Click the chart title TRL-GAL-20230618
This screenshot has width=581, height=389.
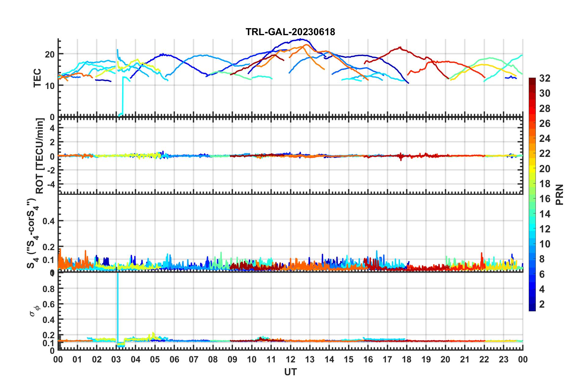[290, 32]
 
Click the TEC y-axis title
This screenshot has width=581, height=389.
[37, 78]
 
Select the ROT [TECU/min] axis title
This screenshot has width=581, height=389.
[40, 156]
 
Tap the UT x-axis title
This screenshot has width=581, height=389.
[290, 372]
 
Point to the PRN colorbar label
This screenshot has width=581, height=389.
[560, 194]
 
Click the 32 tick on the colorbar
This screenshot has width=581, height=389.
[545, 78]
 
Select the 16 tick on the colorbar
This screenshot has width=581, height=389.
[545, 199]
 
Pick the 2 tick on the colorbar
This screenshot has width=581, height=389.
[542, 304]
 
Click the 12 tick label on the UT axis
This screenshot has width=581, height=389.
[290, 359]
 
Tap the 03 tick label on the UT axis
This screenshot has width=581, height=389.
[116, 359]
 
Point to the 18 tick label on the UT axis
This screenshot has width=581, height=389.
[407, 359]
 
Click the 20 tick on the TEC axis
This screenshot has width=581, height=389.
[50, 54]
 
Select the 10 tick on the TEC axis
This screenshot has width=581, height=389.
[50, 86]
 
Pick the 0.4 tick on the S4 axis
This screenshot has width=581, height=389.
[48, 221]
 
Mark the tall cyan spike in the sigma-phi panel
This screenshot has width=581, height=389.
[118, 306]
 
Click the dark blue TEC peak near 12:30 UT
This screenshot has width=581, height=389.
[301, 39]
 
